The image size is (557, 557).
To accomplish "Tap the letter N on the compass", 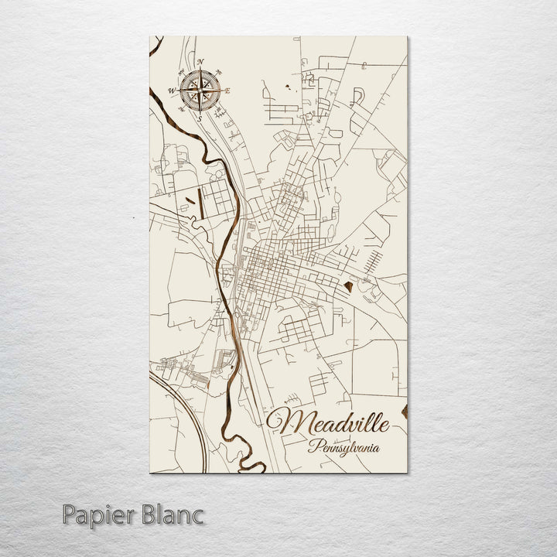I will coord(200,62).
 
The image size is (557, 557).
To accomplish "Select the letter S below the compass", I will coord(200,119).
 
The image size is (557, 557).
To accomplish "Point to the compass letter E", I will coord(228,91).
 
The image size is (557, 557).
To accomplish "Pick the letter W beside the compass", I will coord(172,91).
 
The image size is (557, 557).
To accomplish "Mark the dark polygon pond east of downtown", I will coord(350,289).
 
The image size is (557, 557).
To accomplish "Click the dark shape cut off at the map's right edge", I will coord(404,410).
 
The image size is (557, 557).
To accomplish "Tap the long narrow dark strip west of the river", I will coord(199,202).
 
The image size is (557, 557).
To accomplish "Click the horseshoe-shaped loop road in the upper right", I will coord(357,96).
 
